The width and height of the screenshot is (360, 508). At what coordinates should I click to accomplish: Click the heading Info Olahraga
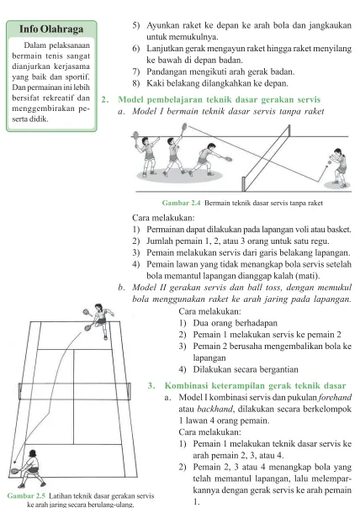[x=51, y=29]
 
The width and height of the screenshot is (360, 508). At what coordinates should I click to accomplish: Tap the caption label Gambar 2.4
[x=181, y=204]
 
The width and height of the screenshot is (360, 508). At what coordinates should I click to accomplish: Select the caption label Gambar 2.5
[x=26, y=495]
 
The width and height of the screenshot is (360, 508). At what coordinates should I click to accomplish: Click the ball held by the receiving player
[x=330, y=161]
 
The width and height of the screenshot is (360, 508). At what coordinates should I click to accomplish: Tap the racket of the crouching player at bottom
[x=14, y=471]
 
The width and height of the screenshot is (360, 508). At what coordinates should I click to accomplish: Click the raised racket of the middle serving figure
[x=184, y=126]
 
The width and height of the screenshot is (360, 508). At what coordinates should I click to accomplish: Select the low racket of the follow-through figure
[x=228, y=159]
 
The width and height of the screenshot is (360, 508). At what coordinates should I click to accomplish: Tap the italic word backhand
[x=214, y=409]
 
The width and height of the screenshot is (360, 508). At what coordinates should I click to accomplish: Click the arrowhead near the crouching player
[x=14, y=463]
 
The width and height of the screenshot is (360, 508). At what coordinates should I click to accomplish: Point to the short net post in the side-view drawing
[x=243, y=184]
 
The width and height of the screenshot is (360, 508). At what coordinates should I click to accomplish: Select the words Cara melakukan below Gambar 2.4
[x=163, y=217]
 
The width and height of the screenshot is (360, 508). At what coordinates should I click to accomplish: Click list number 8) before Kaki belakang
[x=135, y=83]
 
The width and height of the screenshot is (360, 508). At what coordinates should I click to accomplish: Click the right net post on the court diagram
[x=130, y=391]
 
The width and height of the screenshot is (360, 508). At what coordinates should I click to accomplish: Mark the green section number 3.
[x=151, y=385]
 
